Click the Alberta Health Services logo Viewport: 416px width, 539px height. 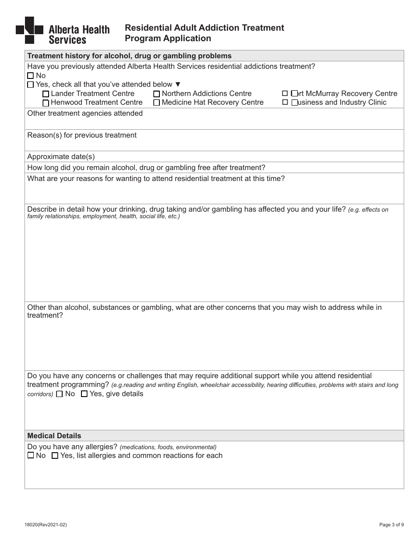tap(62, 31)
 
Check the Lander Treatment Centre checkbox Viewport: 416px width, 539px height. tap(46, 94)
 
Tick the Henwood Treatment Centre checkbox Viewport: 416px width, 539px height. tap(46, 103)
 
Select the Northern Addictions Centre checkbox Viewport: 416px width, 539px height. tap(156, 94)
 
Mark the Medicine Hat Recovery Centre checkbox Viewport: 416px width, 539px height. tap(156, 103)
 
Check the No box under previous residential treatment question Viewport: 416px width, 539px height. tap(30, 76)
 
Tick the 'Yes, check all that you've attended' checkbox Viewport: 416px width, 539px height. tap(30, 85)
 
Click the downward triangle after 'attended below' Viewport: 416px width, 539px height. tap(177, 85)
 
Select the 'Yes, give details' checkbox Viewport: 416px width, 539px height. tap(84, 394)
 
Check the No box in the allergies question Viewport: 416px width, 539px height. tap(30, 456)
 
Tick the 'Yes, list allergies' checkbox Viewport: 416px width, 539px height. tap(55, 456)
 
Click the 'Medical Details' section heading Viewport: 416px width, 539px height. tap(54, 436)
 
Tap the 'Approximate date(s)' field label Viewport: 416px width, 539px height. tap(61, 156)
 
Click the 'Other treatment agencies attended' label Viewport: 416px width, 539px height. tap(85, 113)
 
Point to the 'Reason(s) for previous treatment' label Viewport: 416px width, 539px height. tap(82, 135)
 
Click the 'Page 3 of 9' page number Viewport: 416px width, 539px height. tap(391, 524)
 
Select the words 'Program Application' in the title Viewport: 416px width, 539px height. tap(168, 38)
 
